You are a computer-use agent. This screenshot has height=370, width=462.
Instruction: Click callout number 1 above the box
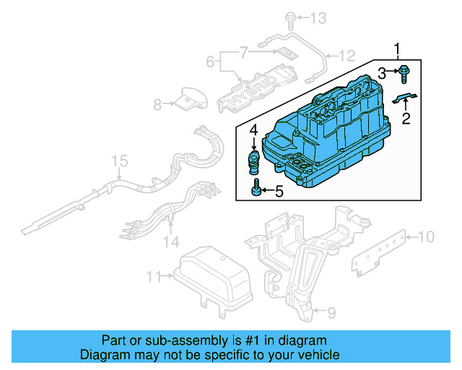coord(396,48)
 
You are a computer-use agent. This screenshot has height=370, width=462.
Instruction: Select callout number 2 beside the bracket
coord(406,119)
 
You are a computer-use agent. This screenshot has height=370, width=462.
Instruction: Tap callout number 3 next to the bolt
coord(383,72)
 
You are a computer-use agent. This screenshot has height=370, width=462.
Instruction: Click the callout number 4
coord(254,131)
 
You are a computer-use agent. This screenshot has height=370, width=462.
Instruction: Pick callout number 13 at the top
coord(318,17)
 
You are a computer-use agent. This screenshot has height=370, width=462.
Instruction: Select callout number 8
coord(159,104)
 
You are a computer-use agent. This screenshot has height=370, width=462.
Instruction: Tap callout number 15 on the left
coord(118,160)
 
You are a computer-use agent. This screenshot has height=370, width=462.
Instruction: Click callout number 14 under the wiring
coord(170,241)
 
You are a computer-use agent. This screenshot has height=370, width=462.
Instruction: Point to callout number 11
coord(152,276)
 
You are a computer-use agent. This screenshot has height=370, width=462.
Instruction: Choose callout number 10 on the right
coord(427,236)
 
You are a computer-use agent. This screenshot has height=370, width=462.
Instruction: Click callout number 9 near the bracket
coord(331,311)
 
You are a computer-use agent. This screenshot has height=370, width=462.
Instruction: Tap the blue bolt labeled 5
coord(256,191)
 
